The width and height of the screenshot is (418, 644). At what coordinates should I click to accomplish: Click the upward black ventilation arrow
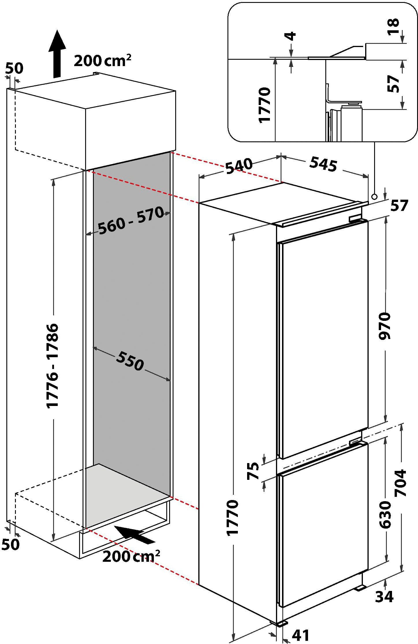point(57,54)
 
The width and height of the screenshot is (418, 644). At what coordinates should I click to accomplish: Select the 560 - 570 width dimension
point(131,220)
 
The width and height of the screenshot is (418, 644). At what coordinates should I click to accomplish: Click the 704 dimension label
point(400,483)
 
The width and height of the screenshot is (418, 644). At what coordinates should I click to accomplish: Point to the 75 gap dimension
point(253,471)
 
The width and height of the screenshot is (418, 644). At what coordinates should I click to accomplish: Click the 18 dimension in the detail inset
point(393,27)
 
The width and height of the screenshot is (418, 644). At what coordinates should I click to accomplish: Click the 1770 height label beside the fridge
point(232,518)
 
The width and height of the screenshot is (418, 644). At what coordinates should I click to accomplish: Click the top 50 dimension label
point(14,68)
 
